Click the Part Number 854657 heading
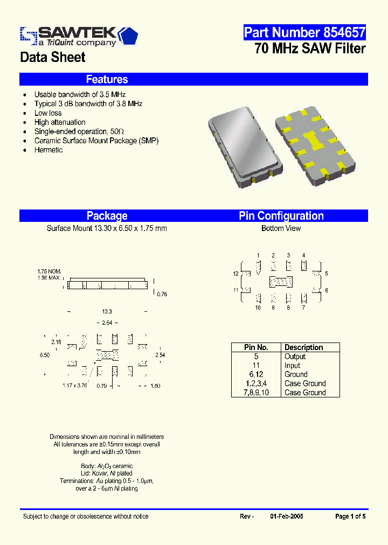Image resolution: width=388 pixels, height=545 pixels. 304,32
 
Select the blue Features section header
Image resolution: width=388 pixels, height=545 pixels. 107,80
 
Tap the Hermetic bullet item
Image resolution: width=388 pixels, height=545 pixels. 48,150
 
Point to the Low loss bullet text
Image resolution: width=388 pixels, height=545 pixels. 48,113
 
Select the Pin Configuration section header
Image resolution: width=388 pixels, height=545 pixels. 281,216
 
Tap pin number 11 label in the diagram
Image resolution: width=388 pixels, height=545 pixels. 235,290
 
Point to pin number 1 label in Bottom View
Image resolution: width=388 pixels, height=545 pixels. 258,255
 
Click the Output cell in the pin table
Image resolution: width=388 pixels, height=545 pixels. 295,357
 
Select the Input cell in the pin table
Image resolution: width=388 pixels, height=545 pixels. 292,365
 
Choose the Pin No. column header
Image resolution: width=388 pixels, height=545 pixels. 256,347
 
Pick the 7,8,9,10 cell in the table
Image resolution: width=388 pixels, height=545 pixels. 256,393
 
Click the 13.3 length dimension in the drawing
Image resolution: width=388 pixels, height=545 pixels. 107,312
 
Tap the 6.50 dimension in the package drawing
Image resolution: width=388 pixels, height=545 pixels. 45,355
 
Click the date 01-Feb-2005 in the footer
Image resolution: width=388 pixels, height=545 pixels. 286,516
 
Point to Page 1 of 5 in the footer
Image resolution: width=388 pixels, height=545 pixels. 350,516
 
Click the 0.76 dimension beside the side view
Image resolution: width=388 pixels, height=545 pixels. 161,295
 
